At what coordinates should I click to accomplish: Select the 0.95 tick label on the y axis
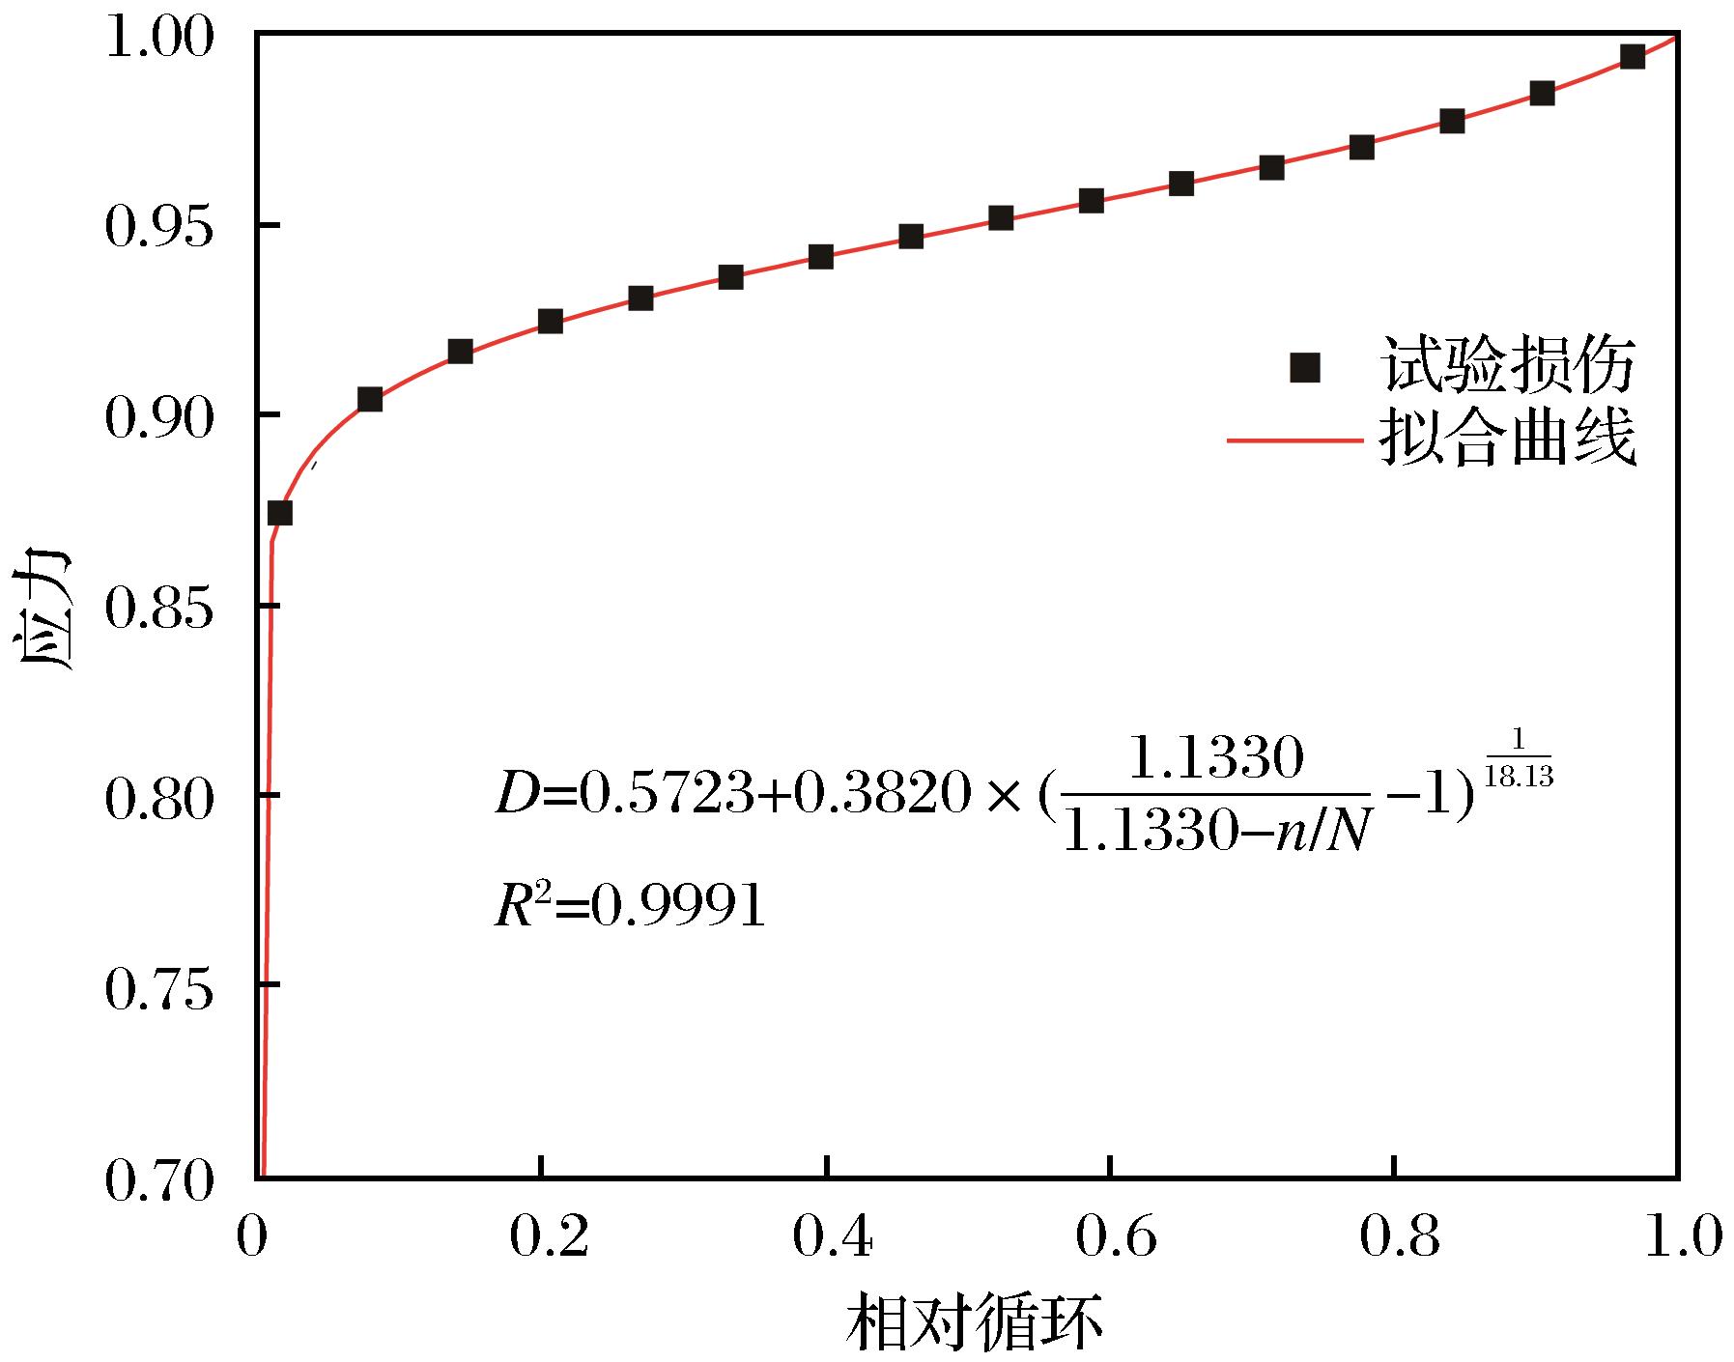tap(157, 228)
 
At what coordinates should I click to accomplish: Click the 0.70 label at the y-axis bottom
tap(157, 1180)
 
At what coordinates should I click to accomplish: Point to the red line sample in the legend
tap(1294, 441)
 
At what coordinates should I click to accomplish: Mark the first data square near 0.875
tap(280, 512)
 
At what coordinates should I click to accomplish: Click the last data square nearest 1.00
tap(1633, 56)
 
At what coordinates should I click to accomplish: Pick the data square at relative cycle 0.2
tap(551, 321)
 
